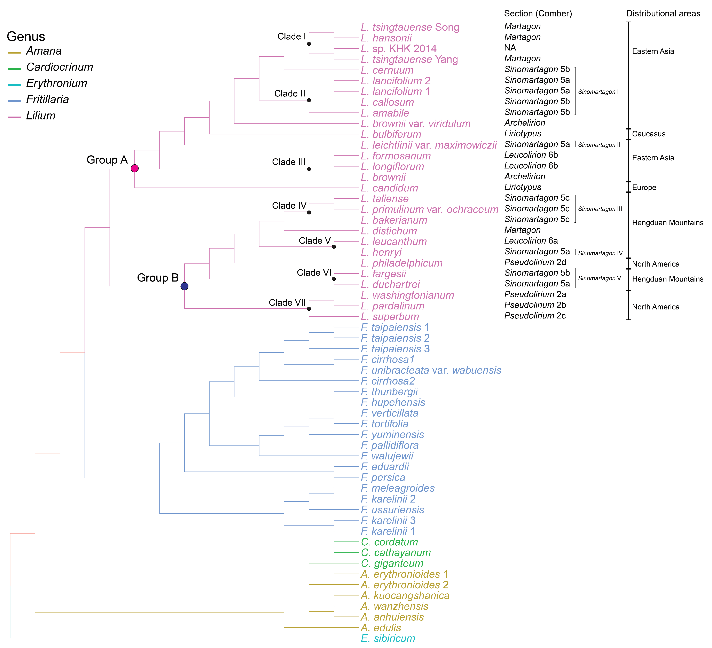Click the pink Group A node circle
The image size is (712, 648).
pos(135,168)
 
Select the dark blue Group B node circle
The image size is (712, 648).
pos(184,286)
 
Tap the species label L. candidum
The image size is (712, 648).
pos(389,188)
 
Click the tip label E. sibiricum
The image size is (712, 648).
pos(388,639)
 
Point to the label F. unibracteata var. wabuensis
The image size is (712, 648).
pos(431,370)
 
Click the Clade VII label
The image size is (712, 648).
pos(287,303)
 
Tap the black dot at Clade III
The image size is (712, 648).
pos(309,169)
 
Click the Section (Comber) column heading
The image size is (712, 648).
pos(538,13)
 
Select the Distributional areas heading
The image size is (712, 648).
pos(663,13)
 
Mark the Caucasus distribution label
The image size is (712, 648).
pos(648,134)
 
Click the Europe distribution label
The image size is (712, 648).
pos(644,188)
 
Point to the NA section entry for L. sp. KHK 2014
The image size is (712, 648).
pos(510,48)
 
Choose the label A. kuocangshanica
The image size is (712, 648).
pos(405,595)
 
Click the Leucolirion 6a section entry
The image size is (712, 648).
pos(531,241)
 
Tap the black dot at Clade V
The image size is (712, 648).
pos(334,247)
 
